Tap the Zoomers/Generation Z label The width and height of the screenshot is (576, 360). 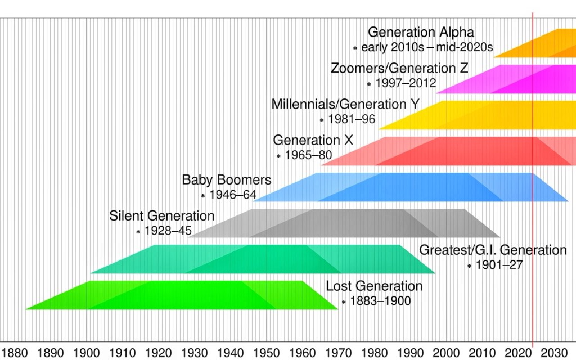coord(399,69)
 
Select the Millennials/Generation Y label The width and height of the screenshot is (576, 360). coord(345,105)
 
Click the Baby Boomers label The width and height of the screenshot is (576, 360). coord(227,180)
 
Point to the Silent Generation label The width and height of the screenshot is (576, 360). coord(162,216)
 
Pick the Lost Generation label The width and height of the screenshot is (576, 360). coord(374,286)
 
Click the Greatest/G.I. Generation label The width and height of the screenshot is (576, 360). coord(493,250)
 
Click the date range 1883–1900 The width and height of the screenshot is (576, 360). coord(380,301)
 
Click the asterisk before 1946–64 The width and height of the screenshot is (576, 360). coord(203,196)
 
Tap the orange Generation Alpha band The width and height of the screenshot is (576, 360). coord(540,43)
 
